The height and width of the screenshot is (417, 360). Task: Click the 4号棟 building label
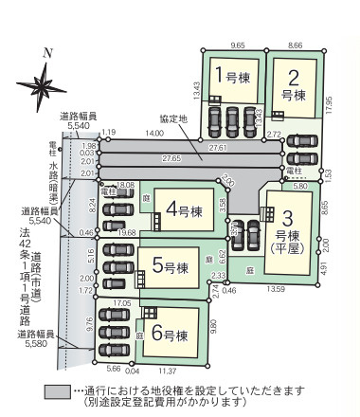(185, 208)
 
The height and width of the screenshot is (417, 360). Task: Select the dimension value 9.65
(238, 44)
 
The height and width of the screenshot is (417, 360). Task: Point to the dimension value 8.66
(296, 44)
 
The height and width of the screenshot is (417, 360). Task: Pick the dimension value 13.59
(277, 288)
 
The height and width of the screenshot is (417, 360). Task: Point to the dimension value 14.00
(154, 134)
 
